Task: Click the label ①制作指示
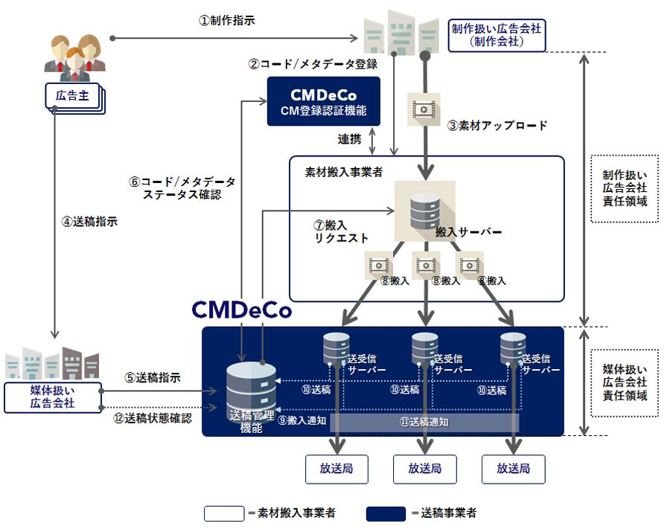pyautogui.click(x=226, y=21)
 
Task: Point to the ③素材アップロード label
pyautogui.click(x=497, y=125)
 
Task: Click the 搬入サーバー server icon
pyautogui.click(x=424, y=211)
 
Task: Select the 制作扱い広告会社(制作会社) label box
pyautogui.click(x=497, y=35)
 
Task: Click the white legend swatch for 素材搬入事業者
pyautogui.click(x=224, y=513)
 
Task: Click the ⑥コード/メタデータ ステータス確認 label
pyautogui.click(x=182, y=188)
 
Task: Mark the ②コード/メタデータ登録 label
pyautogui.click(x=313, y=64)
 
